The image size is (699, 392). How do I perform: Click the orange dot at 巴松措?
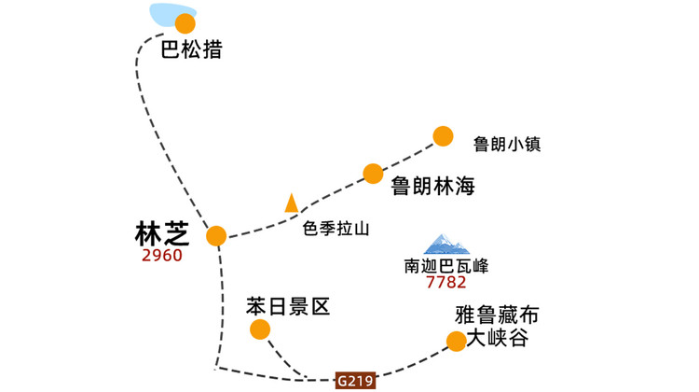(x=185, y=23)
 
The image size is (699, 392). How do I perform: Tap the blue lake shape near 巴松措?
(x=167, y=13)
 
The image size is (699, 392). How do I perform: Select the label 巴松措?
(x=191, y=49)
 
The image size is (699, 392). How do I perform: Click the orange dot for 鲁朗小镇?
(x=443, y=136)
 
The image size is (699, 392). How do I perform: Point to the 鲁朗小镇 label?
(x=507, y=145)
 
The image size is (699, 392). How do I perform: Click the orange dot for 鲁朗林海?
(x=373, y=174)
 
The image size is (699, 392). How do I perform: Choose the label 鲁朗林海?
(x=432, y=186)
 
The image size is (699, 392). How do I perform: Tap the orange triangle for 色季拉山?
(x=292, y=203)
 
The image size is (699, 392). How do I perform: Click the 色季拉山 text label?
(x=336, y=229)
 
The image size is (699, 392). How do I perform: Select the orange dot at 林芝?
(x=216, y=236)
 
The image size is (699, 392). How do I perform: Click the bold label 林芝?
(x=162, y=234)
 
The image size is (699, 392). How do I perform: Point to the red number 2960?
(x=162, y=256)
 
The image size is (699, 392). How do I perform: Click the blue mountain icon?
(x=446, y=245)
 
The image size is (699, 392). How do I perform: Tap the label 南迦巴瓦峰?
(x=446, y=266)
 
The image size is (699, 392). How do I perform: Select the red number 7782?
(x=446, y=282)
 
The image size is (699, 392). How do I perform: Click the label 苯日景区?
(x=288, y=307)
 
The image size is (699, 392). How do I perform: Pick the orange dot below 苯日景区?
(x=260, y=330)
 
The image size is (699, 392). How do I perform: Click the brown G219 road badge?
(x=355, y=381)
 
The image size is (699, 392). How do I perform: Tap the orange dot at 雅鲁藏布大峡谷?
(x=457, y=342)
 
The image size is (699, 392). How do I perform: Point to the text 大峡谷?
(x=498, y=338)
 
